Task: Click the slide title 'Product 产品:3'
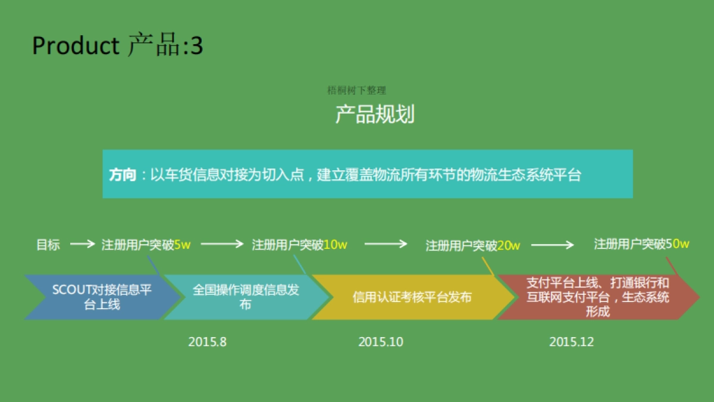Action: pyautogui.click(x=117, y=46)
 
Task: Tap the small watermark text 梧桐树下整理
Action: pyautogui.click(x=356, y=91)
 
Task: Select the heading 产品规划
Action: pyautogui.click(x=375, y=114)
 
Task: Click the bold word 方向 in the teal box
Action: pyautogui.click(x=123, y=175)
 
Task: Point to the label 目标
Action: pyautogui.click(x=48, y=245)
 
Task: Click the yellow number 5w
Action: pyautogui.click(x=182, y=245)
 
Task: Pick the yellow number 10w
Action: pyautogui.click(x=336, y=245)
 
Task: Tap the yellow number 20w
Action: pyautogui.click(x=509, y=245)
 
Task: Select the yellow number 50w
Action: pyautogui.click(x=678, y=244)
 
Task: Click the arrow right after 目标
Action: pyautogui.click(x=82, y=244)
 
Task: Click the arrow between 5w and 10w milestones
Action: pyautogui.click(x=222, y=244)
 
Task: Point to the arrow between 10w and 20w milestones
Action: pyautogui.click(x=386, y=244)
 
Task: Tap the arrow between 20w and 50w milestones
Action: pyautogui.click(x=552, y=245)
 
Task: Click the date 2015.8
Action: pyautogui.click(x=208, y=342)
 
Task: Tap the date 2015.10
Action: pyautogui.click(x=380, y=342)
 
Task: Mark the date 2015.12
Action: pyautogui.click(x=571, y=342)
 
